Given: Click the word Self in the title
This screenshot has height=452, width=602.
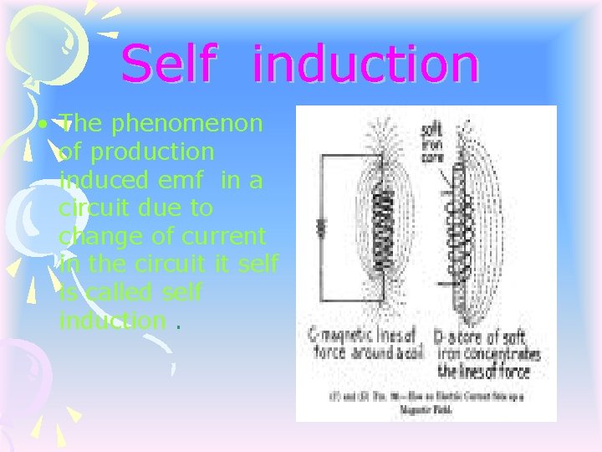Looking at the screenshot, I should pos(166,64).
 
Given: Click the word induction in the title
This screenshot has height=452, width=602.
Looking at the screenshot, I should pos(365,64).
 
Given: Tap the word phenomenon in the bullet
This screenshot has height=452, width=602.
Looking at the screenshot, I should pos(188,125).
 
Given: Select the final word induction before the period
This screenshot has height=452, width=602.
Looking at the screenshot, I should pos(112,320).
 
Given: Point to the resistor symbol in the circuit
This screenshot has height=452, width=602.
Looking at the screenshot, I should pos(320,228).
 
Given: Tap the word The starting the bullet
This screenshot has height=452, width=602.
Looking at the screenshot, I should pos(80,125).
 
